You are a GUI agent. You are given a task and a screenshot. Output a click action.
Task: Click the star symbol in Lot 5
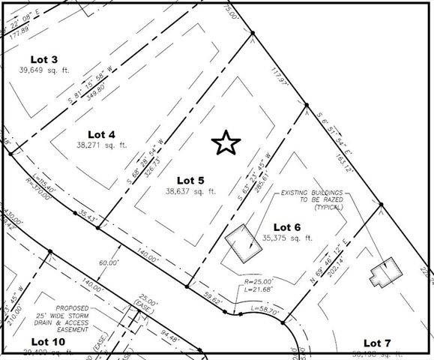pyautogui.click(x=226, y=142)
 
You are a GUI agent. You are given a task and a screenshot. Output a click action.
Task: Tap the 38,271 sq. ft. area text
pyautogui.click(x=102, y=145)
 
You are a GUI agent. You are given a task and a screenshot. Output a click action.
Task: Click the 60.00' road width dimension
pyautogui.click(x=109, y=262)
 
